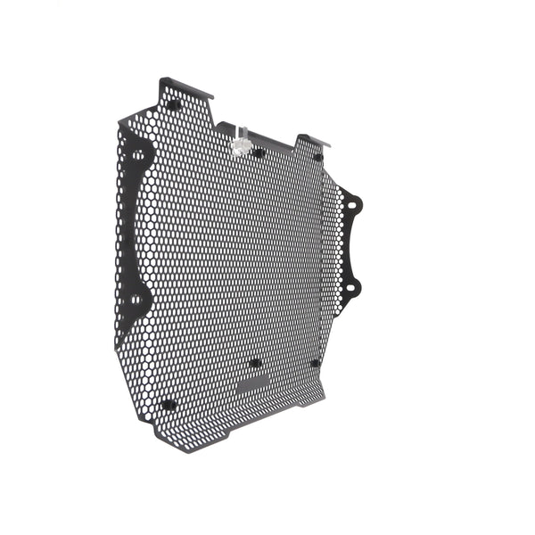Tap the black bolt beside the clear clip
point(258,152)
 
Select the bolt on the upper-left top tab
point(174,104)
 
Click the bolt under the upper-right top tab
point(317,157)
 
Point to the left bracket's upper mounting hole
point(139,155)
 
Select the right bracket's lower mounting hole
point(352,287)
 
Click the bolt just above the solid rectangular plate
point(255,363)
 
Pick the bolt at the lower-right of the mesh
point(315,363)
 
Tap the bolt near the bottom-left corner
point(168,404)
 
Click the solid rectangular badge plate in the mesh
point(255,383)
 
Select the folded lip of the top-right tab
point(314,139)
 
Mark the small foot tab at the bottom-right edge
point(307,403)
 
